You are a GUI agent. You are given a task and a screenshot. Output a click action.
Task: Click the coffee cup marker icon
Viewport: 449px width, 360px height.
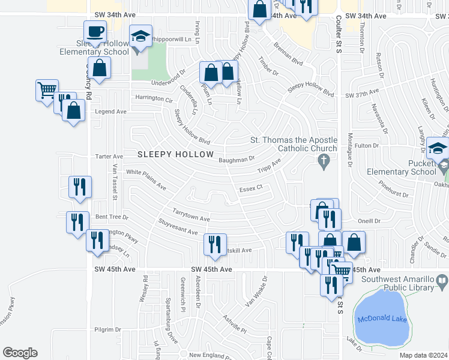pyautogui.click(x=95, y=31)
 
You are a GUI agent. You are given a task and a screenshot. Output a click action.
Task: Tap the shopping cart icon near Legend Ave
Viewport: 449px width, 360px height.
pyautogui.click(x=47, y=91)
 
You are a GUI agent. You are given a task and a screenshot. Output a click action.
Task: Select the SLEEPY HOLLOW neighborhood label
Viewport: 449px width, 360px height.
pyautogui.click(x=175, y=155)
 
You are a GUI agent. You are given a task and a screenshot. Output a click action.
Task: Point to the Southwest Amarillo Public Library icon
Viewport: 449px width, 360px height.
pyautogui.click(x=442, y=280)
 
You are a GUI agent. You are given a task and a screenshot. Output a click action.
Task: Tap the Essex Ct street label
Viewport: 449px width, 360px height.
pyautogui.click(x=251, y=188)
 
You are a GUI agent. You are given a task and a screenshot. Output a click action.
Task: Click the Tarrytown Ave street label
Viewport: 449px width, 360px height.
pyautogui.click(x=191, y=215)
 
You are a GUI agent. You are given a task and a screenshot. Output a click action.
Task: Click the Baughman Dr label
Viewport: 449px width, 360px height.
pyautogui.click(x=237, y=160)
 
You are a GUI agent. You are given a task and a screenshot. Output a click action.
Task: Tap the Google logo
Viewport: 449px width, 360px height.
pyautogui.click(x=20, y=353)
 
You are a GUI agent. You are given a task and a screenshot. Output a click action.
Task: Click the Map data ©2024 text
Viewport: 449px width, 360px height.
pyautogui.click(x=424, y=355)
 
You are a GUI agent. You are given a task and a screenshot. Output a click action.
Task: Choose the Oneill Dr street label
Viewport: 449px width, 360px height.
pyautogui.click(x=369, y=221)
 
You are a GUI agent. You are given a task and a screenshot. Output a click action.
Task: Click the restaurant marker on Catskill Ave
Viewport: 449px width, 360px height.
pyautogui.click(x=214, y=244)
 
